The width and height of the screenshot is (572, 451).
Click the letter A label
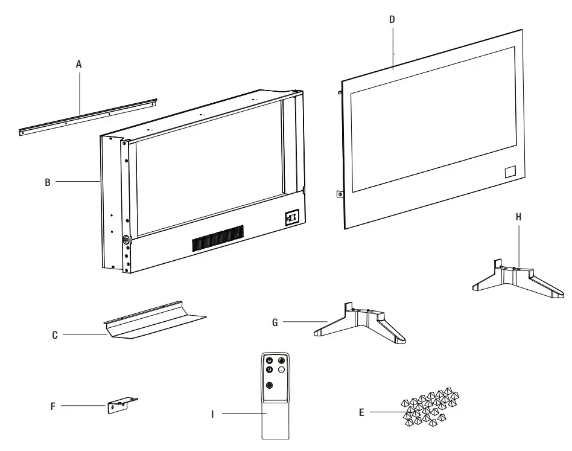pyautogui.click(x=78, y=63)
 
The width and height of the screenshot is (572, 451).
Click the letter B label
pyautogui.click(x=48, y=181)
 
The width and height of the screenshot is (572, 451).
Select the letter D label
pyautogui.click(x=392, y=19)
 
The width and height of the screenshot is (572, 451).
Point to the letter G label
pyautogui.click(x=275, y=323)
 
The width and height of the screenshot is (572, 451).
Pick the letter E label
pyautogui.click(x=361, y=413)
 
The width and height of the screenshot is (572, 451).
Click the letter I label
pyautogui.click(x=212, y=414)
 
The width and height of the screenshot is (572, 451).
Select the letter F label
pyautogui.click(x=53, y=406)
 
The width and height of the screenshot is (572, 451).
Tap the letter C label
pyautogui.click(x=54, y=334)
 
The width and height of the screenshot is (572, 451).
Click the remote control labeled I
pyautogui.click(x=275, y=392)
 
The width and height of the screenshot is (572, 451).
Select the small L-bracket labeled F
pyautogui.click(x=122, y=405)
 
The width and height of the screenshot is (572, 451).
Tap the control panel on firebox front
pyautogui.click(x=292, y=217)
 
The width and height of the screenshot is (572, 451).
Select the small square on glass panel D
pyautogui.click(x=510, y=171)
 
